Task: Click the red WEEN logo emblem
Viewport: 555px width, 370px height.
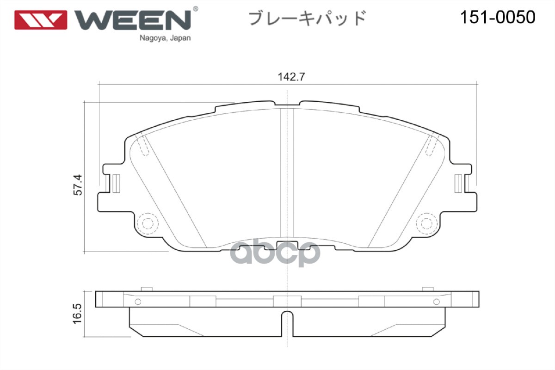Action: click(x=41, y=19)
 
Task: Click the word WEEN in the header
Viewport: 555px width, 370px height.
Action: click(x=133, y=19)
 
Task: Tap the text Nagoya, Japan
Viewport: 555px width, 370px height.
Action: click(x=165, y=38)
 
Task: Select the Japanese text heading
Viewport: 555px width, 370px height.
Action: click(x=308, y=18)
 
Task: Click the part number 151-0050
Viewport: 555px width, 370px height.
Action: click(x=497, y=18)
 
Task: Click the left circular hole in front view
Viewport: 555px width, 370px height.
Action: click(x=148, y=223)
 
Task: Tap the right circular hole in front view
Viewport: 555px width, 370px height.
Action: click(x=426, y=223)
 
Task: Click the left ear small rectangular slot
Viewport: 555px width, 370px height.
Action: click(x=116, y=183)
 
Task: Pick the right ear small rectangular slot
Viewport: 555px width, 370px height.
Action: click(x=458, y=183)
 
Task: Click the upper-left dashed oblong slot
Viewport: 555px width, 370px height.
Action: click(x=144, y=145)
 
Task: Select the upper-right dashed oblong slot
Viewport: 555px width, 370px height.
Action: click(x=431, y=145)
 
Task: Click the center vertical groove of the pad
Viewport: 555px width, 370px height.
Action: click(x=288, y=176)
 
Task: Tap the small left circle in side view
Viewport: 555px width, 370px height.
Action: click(x=137, y=302)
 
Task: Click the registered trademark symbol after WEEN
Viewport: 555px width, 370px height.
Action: click(x=195, y=9)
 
